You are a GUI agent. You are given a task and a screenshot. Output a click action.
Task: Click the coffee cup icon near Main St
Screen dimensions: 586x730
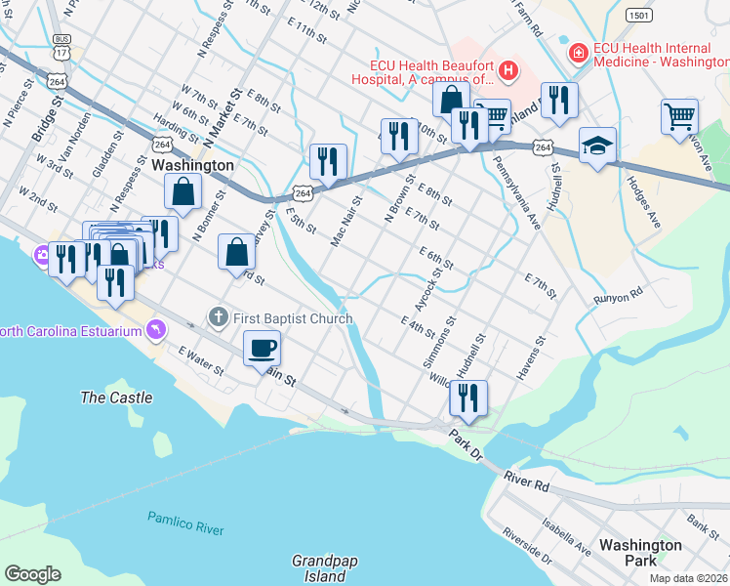click(x=261, y=348)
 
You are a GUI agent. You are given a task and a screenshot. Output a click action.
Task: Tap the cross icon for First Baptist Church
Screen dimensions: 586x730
click(x=219, y=316)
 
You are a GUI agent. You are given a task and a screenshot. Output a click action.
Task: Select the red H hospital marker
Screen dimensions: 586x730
click(x=507, y=70)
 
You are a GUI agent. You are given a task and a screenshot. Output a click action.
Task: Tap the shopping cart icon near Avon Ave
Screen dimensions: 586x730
click(x=679, y=116)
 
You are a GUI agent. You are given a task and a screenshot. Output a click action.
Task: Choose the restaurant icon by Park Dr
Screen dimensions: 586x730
click(x=468, y=397)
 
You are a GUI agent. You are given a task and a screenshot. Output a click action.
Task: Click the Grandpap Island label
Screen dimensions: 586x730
click(x=319, y=568)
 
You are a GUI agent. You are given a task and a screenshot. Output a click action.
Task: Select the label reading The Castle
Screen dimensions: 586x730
click(x=116, y=398)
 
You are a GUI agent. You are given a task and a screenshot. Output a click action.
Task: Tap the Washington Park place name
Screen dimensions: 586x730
click(x=640, y=553)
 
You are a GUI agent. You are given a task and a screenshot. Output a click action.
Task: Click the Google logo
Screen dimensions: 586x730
click(x=32, y=574)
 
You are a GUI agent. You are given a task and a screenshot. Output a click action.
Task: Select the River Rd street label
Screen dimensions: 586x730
click(x=528, y=481)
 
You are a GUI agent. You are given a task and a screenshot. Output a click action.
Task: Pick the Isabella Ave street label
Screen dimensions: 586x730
click(x=565, y=537)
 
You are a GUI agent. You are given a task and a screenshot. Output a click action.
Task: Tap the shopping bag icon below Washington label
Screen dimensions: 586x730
click(x=182, y=193)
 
